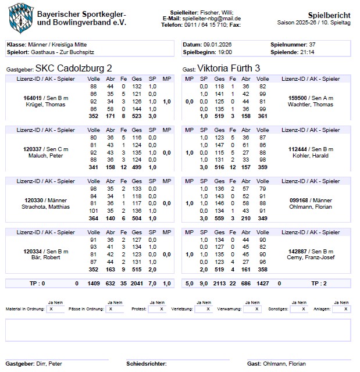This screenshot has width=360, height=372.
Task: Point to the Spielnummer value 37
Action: [312, 45]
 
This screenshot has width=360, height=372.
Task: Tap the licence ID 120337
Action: [33, 149]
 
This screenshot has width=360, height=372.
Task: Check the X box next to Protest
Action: [159, 310]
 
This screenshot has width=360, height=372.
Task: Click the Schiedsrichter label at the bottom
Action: [146, 364]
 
